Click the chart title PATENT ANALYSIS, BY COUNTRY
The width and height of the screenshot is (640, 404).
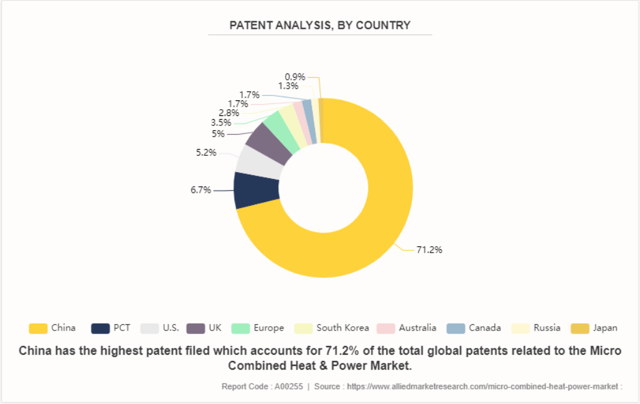pos(320,26)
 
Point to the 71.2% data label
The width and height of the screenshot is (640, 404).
pos(429,250)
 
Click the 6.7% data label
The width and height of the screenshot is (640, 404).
pos(201,190)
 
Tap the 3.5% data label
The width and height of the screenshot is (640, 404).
pos(221,123)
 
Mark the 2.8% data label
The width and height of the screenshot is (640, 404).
pos(228,113)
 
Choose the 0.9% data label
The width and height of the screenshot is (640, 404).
pos(295,77)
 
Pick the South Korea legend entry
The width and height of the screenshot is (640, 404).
pos(334,328)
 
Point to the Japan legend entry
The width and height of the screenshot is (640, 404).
pos(595,328)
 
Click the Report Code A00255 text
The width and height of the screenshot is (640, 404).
pos(262,387)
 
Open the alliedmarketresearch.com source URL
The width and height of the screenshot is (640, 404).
pos(483,387)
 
